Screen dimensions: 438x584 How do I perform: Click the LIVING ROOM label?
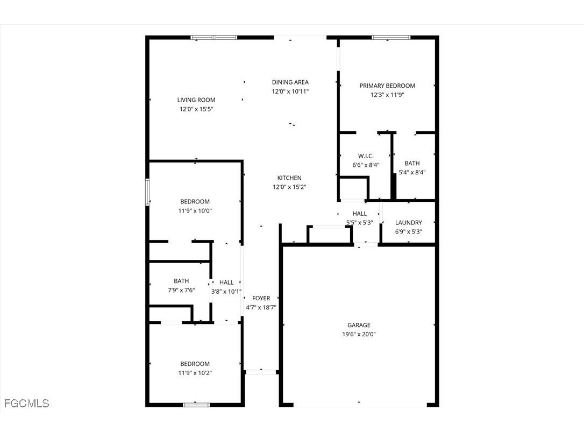pyautogui.click(x=196, y=100)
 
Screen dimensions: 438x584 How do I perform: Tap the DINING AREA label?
pyautogui.click(x=290, y=82)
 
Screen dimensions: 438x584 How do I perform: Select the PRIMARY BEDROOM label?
pyautogui.click(x=387, y=86)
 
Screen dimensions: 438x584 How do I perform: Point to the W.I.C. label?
pyautogui.click(x=366, y=156)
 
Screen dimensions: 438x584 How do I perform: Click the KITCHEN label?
pyautogui.click(x=289, y=178)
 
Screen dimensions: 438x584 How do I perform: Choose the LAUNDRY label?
pyautogui.click(x=409, y=223)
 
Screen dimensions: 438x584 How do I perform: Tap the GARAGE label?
pyautogui.click(x=359, y=325)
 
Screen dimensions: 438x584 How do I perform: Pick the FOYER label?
pyautogui.click(x=261, y=299)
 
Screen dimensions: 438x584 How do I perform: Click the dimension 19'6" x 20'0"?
pyautogui.click(x=359, y=334)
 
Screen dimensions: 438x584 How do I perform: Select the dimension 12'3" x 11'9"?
pyautogui.click(x=387, y=95)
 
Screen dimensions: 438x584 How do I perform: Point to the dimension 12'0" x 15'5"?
pyautogui.click(x=196, y=109)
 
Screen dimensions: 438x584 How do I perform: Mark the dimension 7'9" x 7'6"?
pyautogui.click(x=181, y=290)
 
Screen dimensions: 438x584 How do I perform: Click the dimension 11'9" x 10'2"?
pyautogui.click(x=195, y=373)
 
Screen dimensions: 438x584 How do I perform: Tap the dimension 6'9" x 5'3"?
pyautogui.click(x=409, y=232)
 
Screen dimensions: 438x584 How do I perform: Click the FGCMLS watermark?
pyautogui.click(x=26, y=403)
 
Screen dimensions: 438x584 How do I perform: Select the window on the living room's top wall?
pyautogui.click(x=214, y=38)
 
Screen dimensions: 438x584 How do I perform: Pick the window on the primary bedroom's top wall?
pyautogui.click(x=391, y=38)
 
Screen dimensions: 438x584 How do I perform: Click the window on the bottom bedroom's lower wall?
pyautogui.click(x=196, y=405)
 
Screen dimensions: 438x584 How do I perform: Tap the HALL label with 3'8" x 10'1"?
pyautogui.click(x=226, y=282)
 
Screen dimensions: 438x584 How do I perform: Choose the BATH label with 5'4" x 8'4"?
pyautogui.click(x=412, y=163)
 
